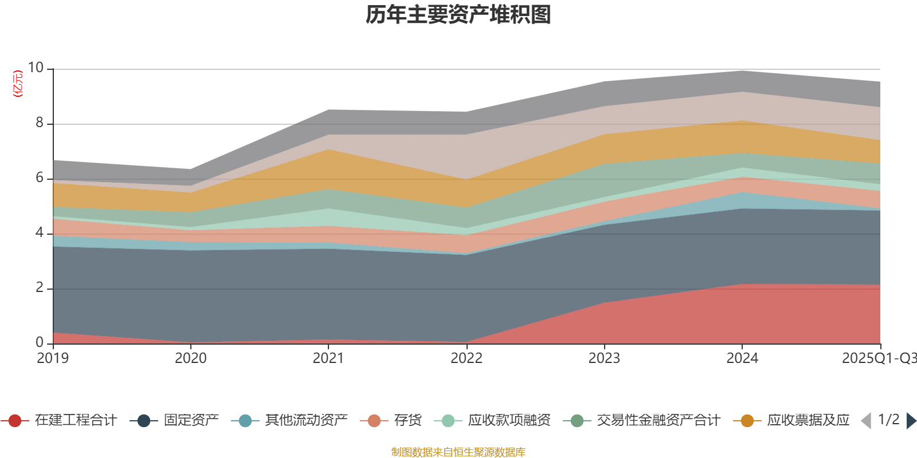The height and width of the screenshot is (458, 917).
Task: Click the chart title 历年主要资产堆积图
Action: coord(458,15)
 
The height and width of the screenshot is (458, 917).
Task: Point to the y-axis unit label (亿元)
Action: coord(18,84)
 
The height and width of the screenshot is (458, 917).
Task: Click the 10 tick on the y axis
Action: coord(36,68)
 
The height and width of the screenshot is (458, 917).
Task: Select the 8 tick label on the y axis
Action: coord(40,123)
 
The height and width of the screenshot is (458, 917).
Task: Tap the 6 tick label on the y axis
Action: coord(40,177)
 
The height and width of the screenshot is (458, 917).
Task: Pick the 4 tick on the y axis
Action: coord(40,232)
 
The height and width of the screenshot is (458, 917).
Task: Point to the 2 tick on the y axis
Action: coord(40,287)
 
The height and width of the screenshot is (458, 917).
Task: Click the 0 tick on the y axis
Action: coord(40,342)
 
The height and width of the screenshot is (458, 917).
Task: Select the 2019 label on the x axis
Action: coord(53,358)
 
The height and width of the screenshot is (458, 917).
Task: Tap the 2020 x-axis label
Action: coord(190,358)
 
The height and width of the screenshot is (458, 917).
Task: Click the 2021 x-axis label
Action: coord(328,358)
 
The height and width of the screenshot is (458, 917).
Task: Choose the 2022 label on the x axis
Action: coord(467,358)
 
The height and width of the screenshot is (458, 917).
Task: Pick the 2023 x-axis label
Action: coord(604,358)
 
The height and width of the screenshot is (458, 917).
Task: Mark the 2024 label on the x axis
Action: coord(742,358)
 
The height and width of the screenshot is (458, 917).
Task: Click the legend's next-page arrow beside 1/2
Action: coord(911,421)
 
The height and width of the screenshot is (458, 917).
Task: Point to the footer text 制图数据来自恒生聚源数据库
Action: coord(458,452)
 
